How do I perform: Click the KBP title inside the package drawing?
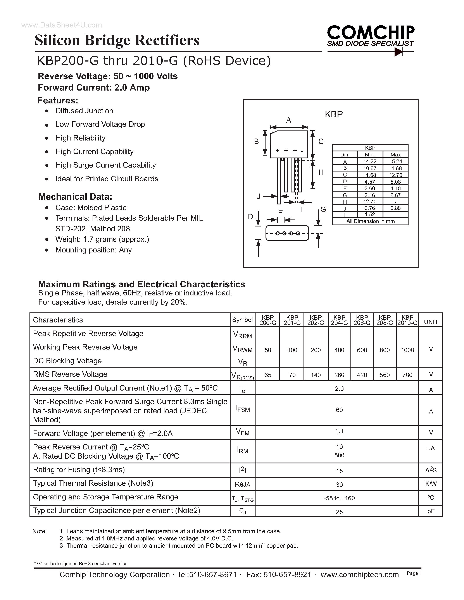[x=334, y=114]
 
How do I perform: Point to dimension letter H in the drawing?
[x=321, y=173]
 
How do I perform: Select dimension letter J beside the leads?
[x=258, y=196]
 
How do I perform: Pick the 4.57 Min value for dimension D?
[x=370, y=182]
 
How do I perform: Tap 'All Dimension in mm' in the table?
[x=370, y=221]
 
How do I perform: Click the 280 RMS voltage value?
[x=339, y=375]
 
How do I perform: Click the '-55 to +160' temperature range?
[x=339, y=498]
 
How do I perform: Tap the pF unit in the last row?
[x=431, y=511]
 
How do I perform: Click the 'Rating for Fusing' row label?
[x=79, y=470]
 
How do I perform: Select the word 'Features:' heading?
[x=58, y=101]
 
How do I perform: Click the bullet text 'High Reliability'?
[x=80, y=138]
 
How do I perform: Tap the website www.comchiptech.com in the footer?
[x=360, y=574]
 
